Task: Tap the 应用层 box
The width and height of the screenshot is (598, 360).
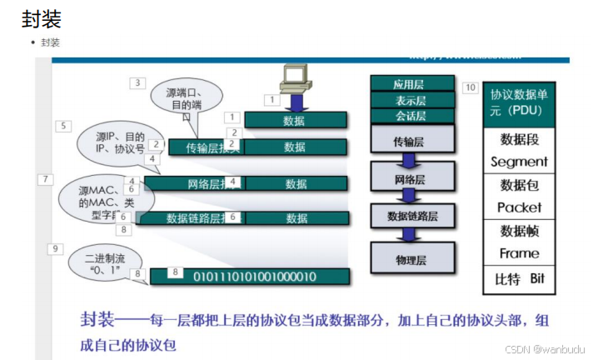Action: point(412,83)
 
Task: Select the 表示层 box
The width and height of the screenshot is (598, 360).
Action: point(412,99)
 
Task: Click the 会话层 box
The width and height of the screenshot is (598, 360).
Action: point(412,115)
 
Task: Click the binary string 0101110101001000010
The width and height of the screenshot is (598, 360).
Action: point(253,276)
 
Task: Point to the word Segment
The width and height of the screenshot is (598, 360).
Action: point(519,162)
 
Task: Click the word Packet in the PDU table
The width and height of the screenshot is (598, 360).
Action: point(519,207)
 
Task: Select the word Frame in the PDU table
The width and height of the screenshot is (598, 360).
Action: point(519,253)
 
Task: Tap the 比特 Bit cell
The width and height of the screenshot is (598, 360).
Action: point(519,279)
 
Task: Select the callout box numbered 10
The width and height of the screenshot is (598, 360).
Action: point(471,87)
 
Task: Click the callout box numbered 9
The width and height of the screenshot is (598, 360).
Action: point(55,248)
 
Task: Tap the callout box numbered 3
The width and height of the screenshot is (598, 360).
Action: point(138,83)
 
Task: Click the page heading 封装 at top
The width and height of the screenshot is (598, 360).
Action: point(42,17)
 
